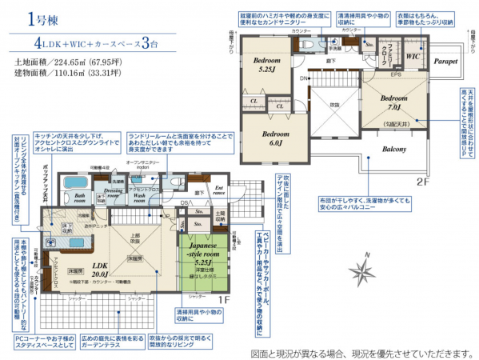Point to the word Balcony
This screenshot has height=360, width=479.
pyautogui.click(x=393, y=149)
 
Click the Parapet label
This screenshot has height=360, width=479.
pyautogui.click(x=446, y=61)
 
